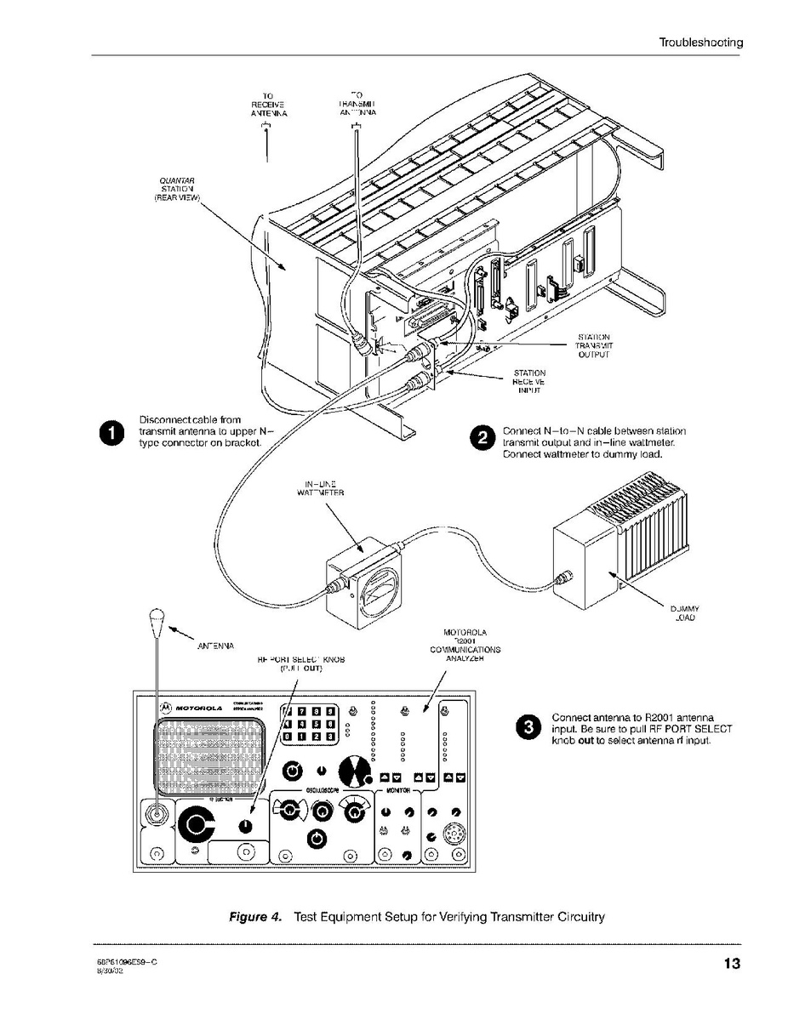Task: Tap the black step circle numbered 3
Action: click(528, 727)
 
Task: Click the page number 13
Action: click(731, 964)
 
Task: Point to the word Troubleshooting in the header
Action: click(700, 42)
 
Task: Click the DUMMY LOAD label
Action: click(684, 613)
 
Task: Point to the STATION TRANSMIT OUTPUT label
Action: click(592, 345)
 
